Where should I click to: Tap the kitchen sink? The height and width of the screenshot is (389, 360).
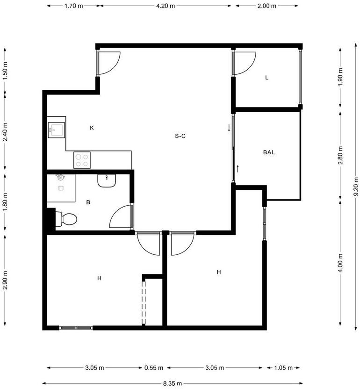56,130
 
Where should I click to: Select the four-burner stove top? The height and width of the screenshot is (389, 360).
82,160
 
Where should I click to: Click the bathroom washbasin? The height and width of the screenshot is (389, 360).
107,180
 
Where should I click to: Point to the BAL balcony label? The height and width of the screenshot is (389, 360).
269,152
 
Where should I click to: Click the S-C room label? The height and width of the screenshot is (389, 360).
180,136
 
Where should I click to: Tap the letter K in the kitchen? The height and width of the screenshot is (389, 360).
92,128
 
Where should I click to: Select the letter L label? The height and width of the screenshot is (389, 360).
266,78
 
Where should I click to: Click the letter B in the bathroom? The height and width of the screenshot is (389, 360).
88,202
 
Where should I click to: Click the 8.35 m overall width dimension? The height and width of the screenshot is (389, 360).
173,383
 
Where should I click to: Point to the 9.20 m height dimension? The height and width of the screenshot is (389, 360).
356,186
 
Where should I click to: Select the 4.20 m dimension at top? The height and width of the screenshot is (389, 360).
166,6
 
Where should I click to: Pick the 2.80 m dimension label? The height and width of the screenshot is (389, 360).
340,156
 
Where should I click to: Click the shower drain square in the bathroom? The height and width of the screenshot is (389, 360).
61,188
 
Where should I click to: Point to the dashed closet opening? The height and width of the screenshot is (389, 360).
144,302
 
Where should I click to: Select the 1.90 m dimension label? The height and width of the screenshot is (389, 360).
340,76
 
